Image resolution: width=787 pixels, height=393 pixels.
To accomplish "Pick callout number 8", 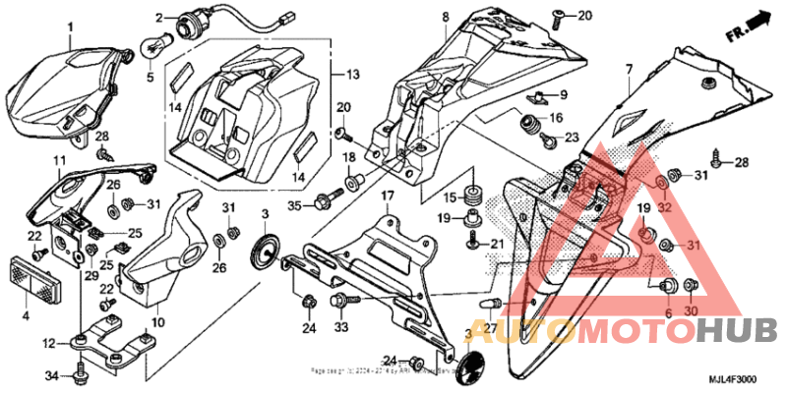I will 444,18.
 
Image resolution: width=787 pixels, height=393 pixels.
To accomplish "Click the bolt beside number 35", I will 324,203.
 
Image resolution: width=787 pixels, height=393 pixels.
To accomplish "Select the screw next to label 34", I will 80,373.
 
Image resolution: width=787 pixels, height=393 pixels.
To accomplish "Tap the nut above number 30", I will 690,286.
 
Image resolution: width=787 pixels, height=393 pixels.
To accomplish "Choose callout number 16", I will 556,119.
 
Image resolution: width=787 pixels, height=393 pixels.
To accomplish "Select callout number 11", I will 59,160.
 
